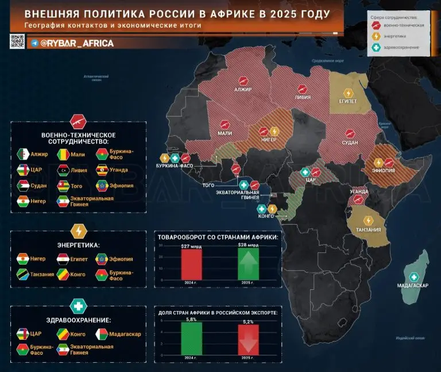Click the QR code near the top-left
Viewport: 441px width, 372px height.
pyautogui.click(x=17, y=41)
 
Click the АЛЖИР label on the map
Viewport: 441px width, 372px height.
pyautogui.click(x=243, y=90)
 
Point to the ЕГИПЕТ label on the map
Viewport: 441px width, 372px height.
pyautogui.click(x=348, y=101)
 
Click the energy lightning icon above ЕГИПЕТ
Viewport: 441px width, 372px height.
pyautogui.click(x=349, y=92)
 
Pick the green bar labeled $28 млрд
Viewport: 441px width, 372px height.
pyautogui.click(x=248, y=263)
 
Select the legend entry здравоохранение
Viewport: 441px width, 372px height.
pyautogui.click(x=406, y=47)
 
